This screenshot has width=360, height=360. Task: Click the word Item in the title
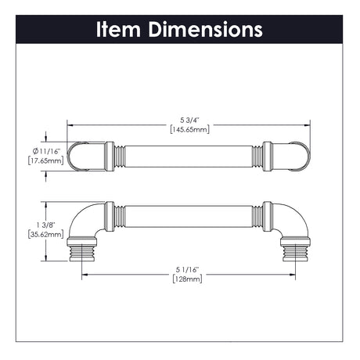[118, 29]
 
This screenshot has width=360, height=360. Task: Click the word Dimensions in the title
[206, 29]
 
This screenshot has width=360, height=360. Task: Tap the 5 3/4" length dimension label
[189, 121]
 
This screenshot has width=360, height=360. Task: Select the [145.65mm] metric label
[189, 129]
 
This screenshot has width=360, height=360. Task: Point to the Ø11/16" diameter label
[46, 151]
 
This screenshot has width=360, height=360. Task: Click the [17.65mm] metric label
[46, 160]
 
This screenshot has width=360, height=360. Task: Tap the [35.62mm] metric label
[46, 234]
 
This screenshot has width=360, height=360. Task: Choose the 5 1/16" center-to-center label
[187, 270]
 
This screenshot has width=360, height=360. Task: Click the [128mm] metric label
[187, 279]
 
